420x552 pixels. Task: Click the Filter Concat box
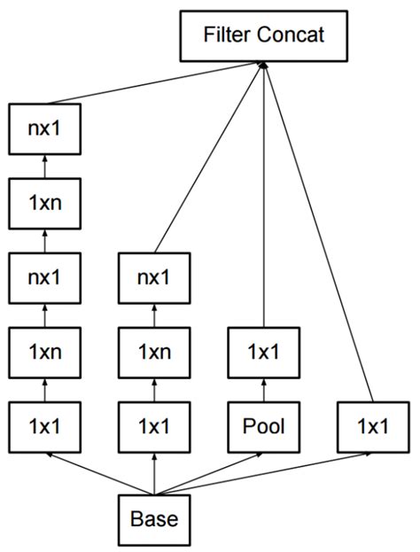click(x=263, y=37)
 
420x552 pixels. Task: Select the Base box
click(x=154, y=519)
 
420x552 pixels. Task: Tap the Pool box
click(x=263, y=426)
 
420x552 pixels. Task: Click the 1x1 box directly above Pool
click(x=263, y=351)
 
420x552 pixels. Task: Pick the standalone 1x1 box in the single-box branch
click(x=372, y=426)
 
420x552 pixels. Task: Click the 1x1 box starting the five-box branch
click(x=44, y=426)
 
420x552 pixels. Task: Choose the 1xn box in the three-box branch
click(x=154, y=351)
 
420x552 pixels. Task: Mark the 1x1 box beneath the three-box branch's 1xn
click(x=154, y=426)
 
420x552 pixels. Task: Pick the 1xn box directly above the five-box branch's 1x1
click(x=44, y=351)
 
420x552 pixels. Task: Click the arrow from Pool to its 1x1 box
click(x=263, y=388)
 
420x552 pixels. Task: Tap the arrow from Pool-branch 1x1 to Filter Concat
click(x=263, y=195)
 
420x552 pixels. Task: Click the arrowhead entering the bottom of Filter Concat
click(x=263, y=66)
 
